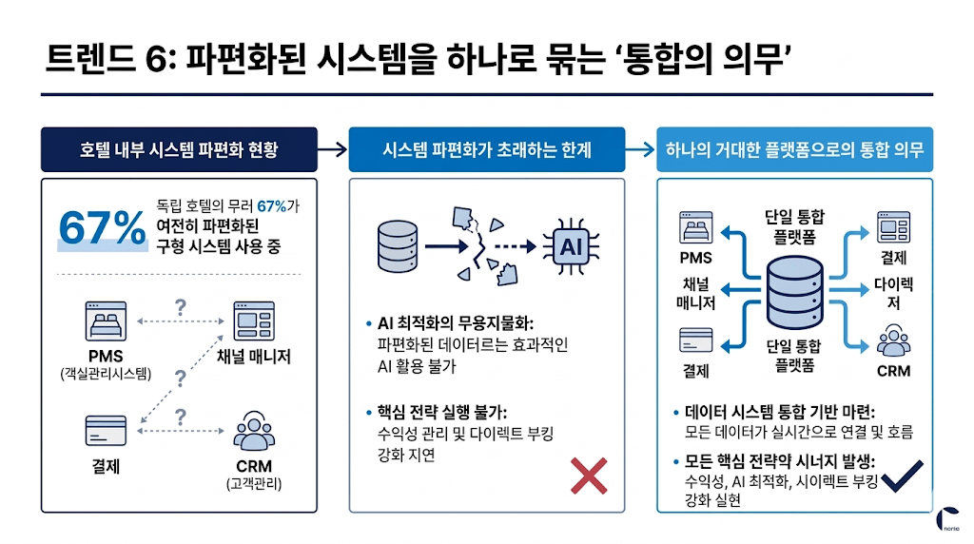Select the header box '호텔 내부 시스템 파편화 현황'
pos(179,149)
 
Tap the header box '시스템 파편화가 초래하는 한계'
pos(486,149)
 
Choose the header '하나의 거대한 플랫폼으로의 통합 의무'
pos(794,149)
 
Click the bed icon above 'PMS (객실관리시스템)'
pos(105,322)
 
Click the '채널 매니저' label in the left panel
pos(253,357)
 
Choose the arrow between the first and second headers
pos(331,149)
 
